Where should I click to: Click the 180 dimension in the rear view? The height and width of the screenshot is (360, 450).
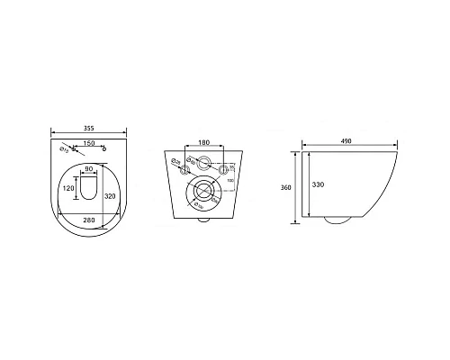(204, 141)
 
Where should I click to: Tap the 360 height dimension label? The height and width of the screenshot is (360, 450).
(285, 188)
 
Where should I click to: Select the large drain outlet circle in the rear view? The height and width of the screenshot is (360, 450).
(204, 193)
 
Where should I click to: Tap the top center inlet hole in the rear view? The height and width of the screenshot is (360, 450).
(204, 166)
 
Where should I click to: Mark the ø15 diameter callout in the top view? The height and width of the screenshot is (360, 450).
(63, 149)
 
